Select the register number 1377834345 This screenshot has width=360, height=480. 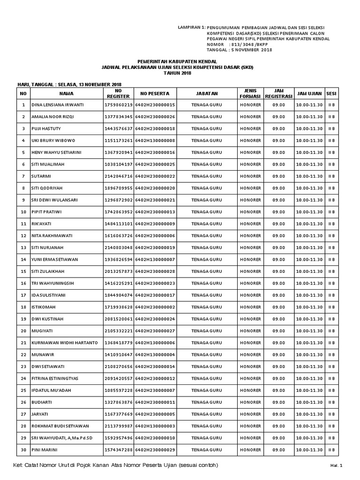tap(119, 117)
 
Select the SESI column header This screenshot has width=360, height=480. tap(331, 93)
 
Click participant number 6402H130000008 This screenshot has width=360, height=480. tap(155, 141)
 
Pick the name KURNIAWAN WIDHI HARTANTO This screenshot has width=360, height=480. tap(64, 343)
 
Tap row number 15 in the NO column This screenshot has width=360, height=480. tap(23, 271)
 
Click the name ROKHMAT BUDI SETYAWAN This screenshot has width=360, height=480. tap(60, 426)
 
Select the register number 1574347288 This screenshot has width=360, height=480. tap(119, 450)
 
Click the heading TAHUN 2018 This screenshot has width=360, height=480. tap(178, 74)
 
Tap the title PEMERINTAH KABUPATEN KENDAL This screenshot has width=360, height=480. tap(178, 62)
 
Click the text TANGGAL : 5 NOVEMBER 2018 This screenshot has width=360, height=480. tap(240, 50)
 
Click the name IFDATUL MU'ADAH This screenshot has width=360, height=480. tap(51, 390)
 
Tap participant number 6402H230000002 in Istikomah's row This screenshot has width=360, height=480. tap(155, 307)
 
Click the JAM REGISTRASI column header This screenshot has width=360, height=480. tap(278, 93)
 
